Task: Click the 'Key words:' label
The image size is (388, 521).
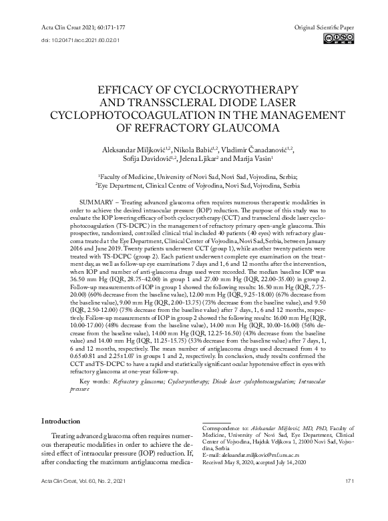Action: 95,381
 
